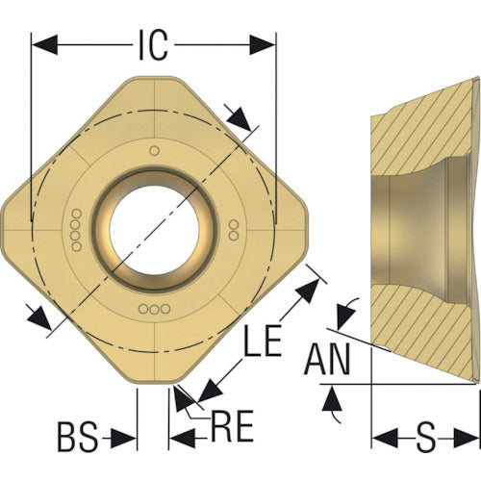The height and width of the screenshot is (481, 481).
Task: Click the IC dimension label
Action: (x=153, y=45)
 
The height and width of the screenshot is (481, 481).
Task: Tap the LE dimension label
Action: (x=263, y=340)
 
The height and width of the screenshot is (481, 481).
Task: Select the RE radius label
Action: (x=232, y=426)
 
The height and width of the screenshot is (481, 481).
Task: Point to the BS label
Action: (x=77, y=437)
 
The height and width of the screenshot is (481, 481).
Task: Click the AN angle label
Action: (x=327, y=359)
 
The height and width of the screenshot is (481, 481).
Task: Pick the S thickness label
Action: (x=426, y=437)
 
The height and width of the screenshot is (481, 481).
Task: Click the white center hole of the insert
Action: (x=154, y=230)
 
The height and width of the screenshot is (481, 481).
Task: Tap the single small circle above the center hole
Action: (x=155, y=150)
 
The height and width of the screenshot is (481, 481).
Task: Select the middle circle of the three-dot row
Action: (x=155, y=309)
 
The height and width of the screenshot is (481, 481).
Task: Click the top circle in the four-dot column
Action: (x=76, y=214)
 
